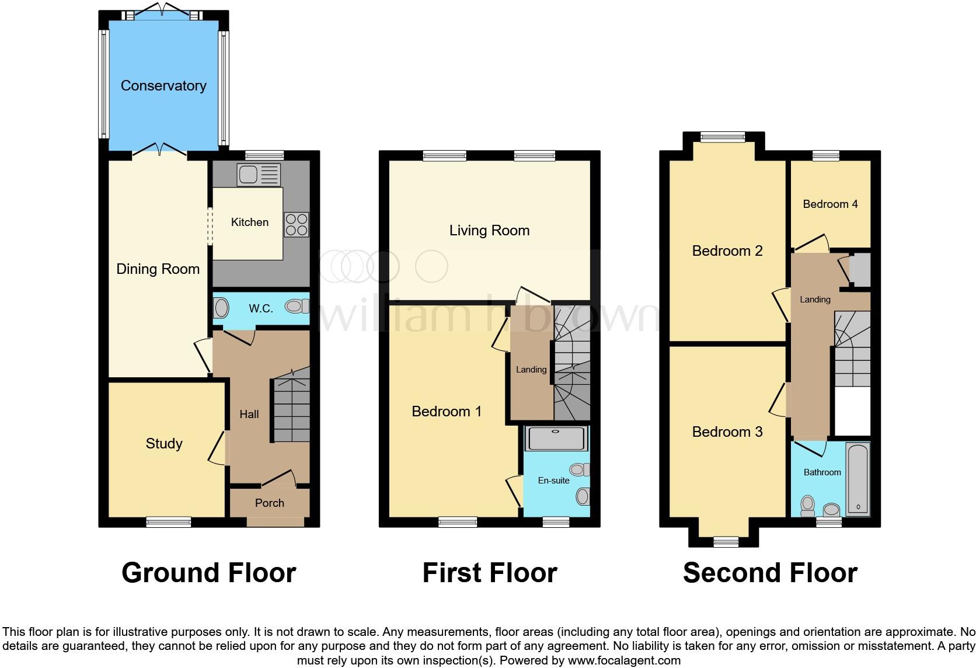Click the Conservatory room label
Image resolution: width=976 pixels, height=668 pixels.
tap(163, 86)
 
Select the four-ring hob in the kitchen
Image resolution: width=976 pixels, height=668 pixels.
tap(296, 224)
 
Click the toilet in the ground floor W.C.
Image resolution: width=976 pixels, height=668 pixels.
tap(298, 306)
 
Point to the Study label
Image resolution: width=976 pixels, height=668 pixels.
tap(164, 444)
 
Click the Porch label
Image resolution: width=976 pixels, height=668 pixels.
tap(270, 503)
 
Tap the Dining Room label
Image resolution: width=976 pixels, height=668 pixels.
tap(158, 269)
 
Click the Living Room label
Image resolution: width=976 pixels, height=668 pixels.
tap(489, 231)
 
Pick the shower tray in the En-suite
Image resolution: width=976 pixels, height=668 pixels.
tap(556, 439)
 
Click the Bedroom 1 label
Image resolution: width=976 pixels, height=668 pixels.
tap(447, 412)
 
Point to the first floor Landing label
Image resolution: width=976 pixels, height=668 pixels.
tap(531, 370)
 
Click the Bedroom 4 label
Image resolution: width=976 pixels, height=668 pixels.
tap(830, 204)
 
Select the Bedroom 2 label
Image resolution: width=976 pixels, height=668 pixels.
tap(727, 251)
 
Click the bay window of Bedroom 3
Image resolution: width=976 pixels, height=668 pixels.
tap(726, 542)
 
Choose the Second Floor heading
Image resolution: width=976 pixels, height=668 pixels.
tap(770, 573)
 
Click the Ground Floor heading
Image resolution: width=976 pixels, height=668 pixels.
tap(209, 573)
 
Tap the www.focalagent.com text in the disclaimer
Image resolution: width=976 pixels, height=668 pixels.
tap(624, 661)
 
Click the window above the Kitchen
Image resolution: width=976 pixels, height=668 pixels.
tap(264, 155)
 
